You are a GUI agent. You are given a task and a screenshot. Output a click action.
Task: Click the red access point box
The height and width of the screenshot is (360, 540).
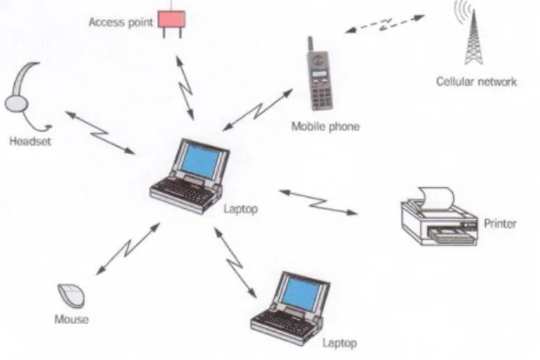pyautogui.click(x=171, y=20)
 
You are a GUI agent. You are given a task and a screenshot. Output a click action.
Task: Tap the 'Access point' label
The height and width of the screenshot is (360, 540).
pyautogui.click(x=120, y=22)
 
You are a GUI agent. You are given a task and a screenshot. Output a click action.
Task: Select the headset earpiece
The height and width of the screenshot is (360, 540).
pyautogui.click(x=16, y=104)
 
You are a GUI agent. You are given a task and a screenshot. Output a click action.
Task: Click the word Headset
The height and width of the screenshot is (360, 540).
pyautogui.click(x=30, y=141)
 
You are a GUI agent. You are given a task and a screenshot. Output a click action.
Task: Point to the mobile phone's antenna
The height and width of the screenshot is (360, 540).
pyautogui.click(x=310, y=45)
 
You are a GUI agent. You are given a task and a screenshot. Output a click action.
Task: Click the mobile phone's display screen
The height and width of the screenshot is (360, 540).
pyautogui.click(x=319, y=74)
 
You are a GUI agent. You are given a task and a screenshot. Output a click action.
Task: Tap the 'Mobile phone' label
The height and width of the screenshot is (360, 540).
pyautogui.click(x=325, y=127)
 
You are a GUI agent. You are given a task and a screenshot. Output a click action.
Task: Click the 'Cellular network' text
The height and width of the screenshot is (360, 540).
pyautogui.click(x=476, y=82)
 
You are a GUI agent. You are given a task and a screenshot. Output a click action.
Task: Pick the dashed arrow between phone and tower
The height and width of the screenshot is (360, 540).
pyautogui.click(x=385, y=24)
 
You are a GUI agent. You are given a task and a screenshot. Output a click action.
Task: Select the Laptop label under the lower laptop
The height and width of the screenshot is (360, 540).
pyautogui.click(x=340, y=343)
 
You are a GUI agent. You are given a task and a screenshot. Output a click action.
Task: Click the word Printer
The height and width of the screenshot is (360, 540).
pyautogui.click(x=500, y=223)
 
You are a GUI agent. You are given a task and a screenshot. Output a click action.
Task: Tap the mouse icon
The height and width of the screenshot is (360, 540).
pyautogui.click(x=72, y=296)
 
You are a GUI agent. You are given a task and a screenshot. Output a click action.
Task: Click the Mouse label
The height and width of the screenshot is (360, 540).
pyautogui.click(x=72, y=319)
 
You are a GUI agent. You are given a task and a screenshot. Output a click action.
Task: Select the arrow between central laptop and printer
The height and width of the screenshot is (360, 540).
pyautogui.click(x=318, y=203)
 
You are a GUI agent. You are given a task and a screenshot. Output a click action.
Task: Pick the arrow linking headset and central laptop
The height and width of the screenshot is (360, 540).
pyautogui.click(x=100, y=133)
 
